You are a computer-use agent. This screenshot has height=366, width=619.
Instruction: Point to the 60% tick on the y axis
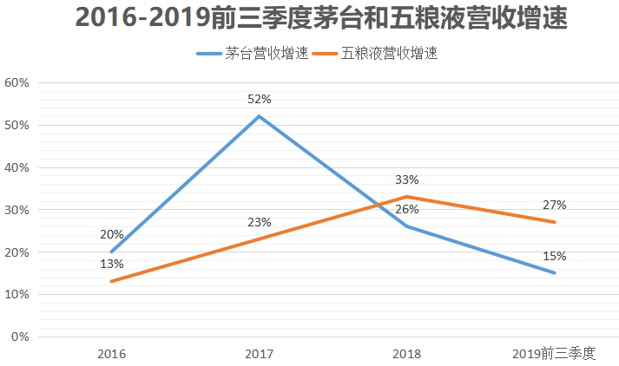click(x=17, y=83)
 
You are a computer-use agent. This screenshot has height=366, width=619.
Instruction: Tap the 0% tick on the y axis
click(x=20, y=337)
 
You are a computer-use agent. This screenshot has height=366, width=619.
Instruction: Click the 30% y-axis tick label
click(x=17, y=210)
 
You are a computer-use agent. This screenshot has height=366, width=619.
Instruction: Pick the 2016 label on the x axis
click(x=112, y=354)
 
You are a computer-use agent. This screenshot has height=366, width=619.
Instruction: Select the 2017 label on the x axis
click(x=260, y=354)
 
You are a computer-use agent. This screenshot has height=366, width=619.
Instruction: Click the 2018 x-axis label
click(x=407, y=354)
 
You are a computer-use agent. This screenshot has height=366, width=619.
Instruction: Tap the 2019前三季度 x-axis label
click(x=554, y=354)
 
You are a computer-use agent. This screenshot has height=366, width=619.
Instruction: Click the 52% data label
click(x=260, y=100)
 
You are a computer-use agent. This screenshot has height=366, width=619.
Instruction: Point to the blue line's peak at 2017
click(x=260, y=116)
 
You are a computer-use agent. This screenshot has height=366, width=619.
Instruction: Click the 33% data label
click(x=407, y=180)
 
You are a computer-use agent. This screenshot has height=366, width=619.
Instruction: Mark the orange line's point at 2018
click(x=407, y=197)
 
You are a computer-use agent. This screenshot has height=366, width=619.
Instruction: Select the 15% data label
click(x=555, y=257)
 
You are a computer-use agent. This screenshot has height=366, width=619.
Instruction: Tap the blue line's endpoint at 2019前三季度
click(x=555, y=273)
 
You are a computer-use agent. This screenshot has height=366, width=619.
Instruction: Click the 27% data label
click(x=555, y=206)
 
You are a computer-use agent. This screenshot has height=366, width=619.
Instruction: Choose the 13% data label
click(x=112, y=265)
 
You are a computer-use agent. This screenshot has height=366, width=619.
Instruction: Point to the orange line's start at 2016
click(x=112, y=281)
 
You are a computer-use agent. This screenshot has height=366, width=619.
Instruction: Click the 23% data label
click(x=260, y=222)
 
